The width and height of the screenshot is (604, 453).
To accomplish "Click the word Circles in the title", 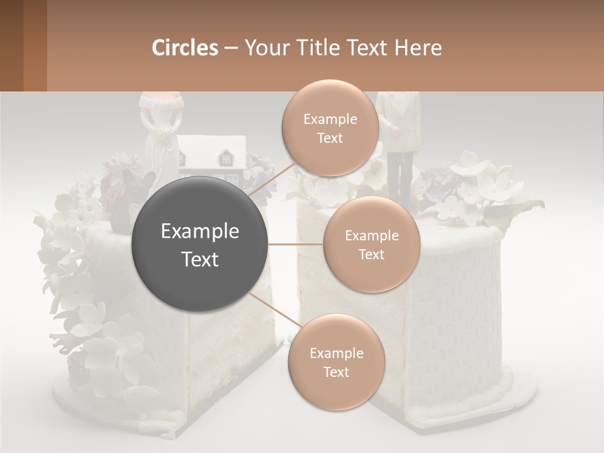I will pyautogui.click(x=184, y=48).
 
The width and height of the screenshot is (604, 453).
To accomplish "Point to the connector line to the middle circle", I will pyautogui.click(x=296, y=244).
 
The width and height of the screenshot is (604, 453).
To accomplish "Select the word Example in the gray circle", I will pyautogui.click(x=200, y=232).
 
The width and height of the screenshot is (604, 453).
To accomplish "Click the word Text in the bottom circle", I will pyautogui.click(x=336, y=372).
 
